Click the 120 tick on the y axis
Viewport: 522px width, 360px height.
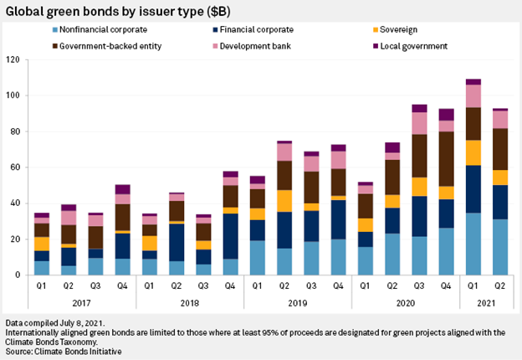(13, 60)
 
